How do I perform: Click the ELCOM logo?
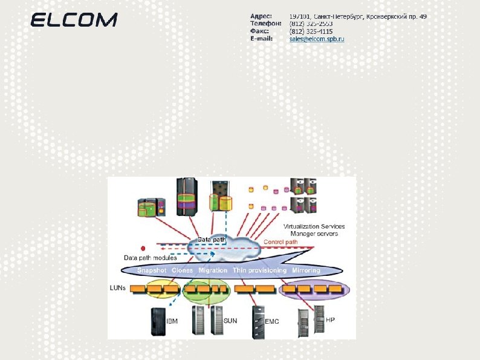74,20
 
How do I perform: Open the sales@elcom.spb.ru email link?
316,39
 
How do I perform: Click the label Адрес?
261,16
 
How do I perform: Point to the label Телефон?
266,24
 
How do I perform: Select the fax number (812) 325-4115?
311,31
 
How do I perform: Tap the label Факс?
261,31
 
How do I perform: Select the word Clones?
182,270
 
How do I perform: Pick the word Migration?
213,270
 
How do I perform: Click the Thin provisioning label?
259,270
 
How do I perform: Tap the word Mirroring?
306,270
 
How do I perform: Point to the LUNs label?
118,288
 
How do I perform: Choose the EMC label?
272,321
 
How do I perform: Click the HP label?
330,319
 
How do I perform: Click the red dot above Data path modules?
143,248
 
